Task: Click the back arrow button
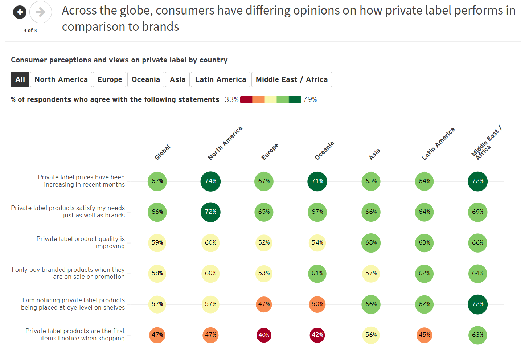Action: click(20, 12)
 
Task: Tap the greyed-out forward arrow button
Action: click(40, 12)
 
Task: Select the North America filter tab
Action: click(61, 79)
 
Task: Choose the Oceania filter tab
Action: click(145, 79)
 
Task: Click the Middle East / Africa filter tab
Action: click(291, 79)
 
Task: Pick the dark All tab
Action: click(20, 79)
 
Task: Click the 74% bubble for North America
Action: click(210, 181)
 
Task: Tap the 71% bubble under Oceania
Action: click(317, 181)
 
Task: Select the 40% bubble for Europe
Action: click(264, 335)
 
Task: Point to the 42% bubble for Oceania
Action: click(317, 335)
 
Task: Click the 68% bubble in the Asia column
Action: click(371, 243)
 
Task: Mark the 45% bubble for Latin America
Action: click(424, 335)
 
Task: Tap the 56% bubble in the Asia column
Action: click(371, 335)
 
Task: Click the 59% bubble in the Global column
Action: click(157, 243)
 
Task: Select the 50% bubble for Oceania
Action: click(317, 304)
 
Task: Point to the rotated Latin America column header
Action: click(438, 144)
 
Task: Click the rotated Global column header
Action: click(162, 152)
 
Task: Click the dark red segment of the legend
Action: click(246, 99)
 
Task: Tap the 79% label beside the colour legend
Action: click(310, 99)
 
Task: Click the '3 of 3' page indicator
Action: click(30, 30)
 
